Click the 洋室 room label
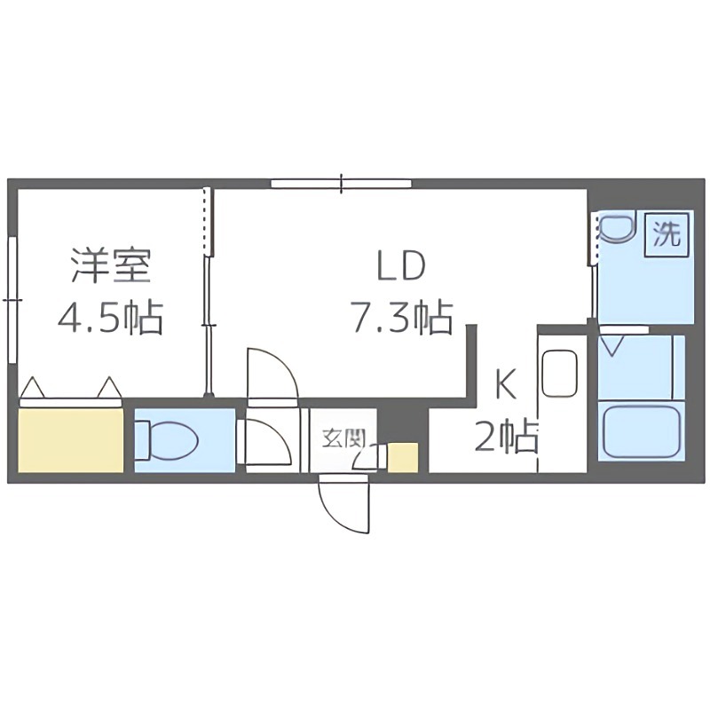(110, 265)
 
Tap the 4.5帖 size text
(110, 317)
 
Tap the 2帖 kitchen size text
(505, 436)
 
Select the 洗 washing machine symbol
(667, 233)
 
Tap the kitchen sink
(560, 373)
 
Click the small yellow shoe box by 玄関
(403, 457)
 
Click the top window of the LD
(342, 184)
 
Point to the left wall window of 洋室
(12, 299)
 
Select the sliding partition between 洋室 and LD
(209, 293)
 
